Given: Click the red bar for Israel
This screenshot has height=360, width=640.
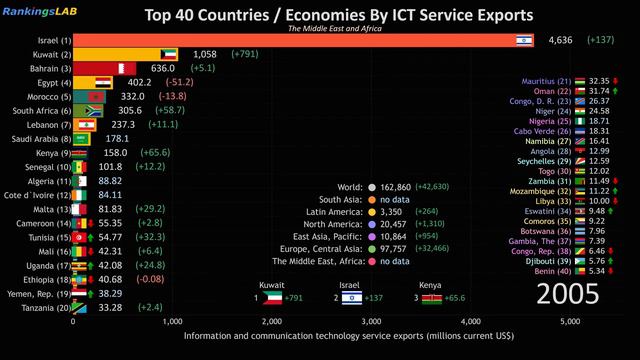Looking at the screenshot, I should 290,40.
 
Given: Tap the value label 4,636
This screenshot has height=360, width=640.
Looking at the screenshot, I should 561,40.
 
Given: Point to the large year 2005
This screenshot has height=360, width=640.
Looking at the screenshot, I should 568,294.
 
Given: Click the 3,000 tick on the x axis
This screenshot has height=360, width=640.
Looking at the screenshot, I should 371,321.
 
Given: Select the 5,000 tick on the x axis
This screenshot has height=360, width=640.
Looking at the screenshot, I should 569,321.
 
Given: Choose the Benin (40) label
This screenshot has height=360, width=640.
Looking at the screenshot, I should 558,270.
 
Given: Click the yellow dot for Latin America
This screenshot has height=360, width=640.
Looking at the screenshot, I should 372,212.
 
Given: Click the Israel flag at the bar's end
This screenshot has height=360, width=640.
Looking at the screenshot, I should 522,40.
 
